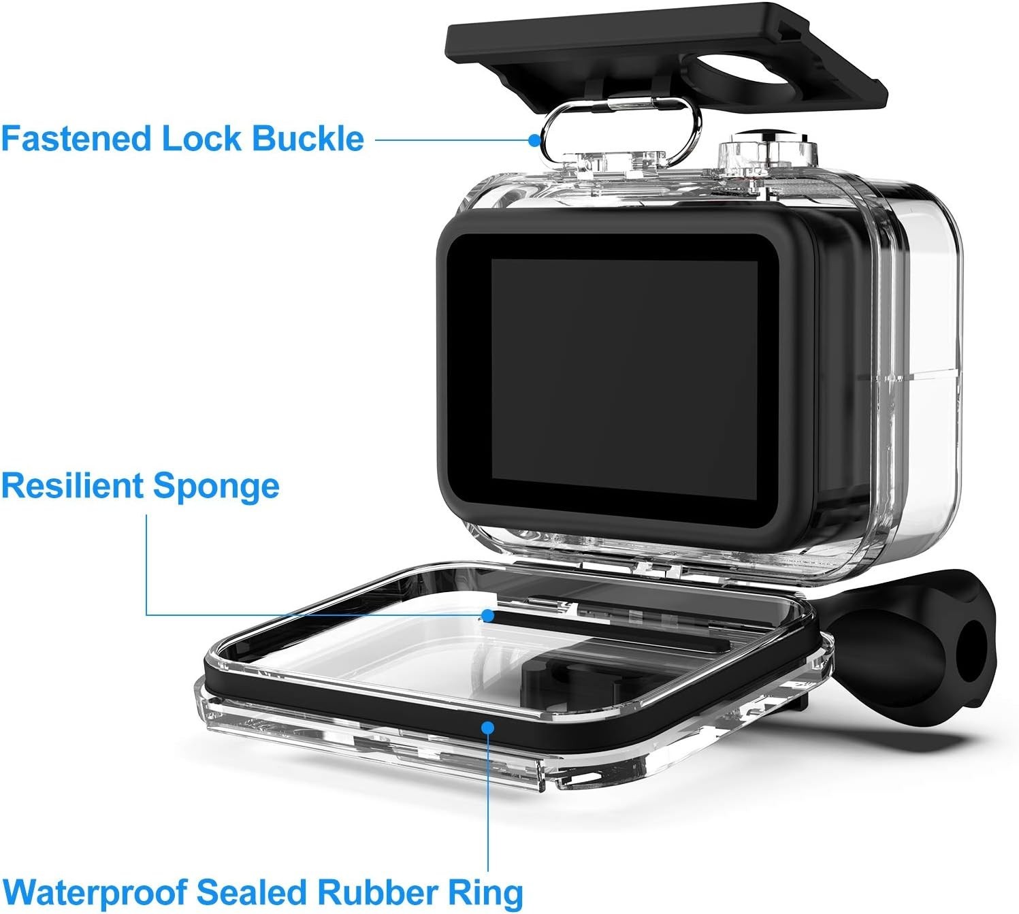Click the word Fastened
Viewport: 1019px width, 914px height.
click(76, 139)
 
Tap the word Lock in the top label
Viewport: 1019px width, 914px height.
click(201, 139)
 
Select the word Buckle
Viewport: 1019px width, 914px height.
click(308, 139)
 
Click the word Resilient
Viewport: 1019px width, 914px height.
click(71, 487)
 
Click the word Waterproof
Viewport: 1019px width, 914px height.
click(95, 892)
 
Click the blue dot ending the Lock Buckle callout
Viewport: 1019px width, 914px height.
click(535, 140)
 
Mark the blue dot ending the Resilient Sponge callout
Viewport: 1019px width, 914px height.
click(487, 615)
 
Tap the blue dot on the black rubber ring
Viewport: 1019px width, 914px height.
click(487, 728)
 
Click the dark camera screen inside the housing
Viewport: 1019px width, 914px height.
click(624, 378)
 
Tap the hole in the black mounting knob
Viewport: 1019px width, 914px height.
click(971, 649)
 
